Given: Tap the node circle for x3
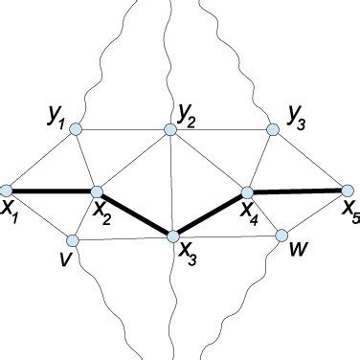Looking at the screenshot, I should pyautogui.click(x=174, y=236).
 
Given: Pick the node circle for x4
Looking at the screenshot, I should pyautogui.click(x=246, y=194).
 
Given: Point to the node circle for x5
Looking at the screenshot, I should pyautogui.click(x=348, y=191).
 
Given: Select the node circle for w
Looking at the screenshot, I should pyautogui.click(x=282, y=235).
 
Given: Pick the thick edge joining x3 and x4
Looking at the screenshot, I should pyautogui.click(x=211, y=214).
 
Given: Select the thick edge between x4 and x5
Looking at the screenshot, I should pyautogui.click(x=297, y=192).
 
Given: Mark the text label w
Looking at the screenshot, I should pyautogui.click(x=300, y=252).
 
